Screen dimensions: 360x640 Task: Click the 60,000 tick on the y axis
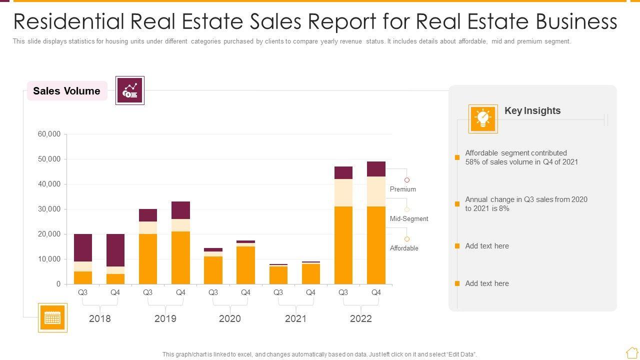tap(49, 134)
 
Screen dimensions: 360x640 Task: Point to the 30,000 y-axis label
tap(49, 209)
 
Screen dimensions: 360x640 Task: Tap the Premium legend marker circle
tap(407, 180)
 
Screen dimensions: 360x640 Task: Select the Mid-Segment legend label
tap(409, 218)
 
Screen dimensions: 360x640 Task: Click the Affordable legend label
tap(404, 248)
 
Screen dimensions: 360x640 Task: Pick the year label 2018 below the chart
tap(100, 318)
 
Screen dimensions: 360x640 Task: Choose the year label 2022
tap(361, 318)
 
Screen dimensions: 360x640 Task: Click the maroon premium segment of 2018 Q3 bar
tap(83, 247)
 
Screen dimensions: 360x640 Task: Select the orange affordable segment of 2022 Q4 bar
tap(376, 245)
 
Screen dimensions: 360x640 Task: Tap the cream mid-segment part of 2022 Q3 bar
tap(343, 192)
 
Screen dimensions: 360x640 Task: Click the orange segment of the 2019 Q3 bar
tap(148, 259)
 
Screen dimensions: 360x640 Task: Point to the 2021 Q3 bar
tap(278, 274)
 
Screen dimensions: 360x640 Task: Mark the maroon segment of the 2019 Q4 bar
tap(180, 210)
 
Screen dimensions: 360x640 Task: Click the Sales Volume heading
tap(66, 91)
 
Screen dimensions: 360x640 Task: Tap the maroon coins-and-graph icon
tap(130, 90)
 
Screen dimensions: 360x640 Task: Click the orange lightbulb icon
tap(483, 119)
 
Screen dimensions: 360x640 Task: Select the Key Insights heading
tap(532, 110)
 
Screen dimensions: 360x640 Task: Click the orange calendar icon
tap(52, 317)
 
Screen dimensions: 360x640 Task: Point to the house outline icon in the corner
tap(631, 352)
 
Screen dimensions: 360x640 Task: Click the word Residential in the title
tap(68, 21)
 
